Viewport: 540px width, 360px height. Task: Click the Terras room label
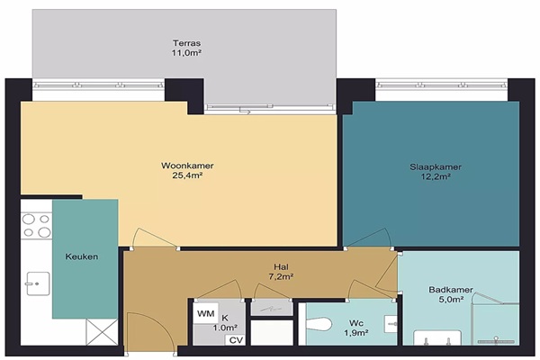186,43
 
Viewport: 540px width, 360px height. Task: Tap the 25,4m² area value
187,175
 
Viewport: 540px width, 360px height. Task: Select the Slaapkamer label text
436,167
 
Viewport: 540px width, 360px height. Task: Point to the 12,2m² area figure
436,176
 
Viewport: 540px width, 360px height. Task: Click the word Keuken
82,256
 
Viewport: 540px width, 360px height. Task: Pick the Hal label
281,266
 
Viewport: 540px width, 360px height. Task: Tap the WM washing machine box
205,313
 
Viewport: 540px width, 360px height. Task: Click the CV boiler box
236,340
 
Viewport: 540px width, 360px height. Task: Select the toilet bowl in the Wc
319,324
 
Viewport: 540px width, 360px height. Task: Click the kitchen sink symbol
37,283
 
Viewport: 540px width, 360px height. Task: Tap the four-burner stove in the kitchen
37,226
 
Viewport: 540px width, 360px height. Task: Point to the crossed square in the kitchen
102,332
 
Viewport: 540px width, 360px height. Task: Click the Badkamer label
451,290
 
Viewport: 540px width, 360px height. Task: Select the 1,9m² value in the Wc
356,333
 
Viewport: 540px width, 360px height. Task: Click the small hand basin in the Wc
391,324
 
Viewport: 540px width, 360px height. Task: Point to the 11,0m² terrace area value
186,53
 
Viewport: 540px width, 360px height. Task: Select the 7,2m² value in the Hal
281,276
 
